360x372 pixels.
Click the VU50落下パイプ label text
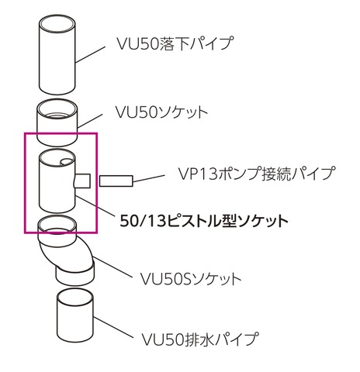point(175,43)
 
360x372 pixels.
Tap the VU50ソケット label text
point(161,112)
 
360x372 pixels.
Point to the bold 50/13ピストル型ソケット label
point(204,221)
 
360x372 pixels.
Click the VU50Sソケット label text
point(191,278)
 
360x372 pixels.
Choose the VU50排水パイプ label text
point(200,339)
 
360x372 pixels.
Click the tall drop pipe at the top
point(57,55)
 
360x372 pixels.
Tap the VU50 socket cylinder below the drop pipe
point(57,122)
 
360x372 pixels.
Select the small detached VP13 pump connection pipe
point(116,181)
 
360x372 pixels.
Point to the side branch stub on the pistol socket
point(82,181)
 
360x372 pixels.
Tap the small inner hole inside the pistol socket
point(66,162)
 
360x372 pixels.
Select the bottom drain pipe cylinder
point(75,315)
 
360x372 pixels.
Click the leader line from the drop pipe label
point(91,54)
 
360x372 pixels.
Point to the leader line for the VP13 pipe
point(149,178)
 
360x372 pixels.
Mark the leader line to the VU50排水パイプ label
point(112,327)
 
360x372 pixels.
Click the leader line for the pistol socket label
point(94,205)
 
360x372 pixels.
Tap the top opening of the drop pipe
point(57,25)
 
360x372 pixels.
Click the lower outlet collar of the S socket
point(75,276)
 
